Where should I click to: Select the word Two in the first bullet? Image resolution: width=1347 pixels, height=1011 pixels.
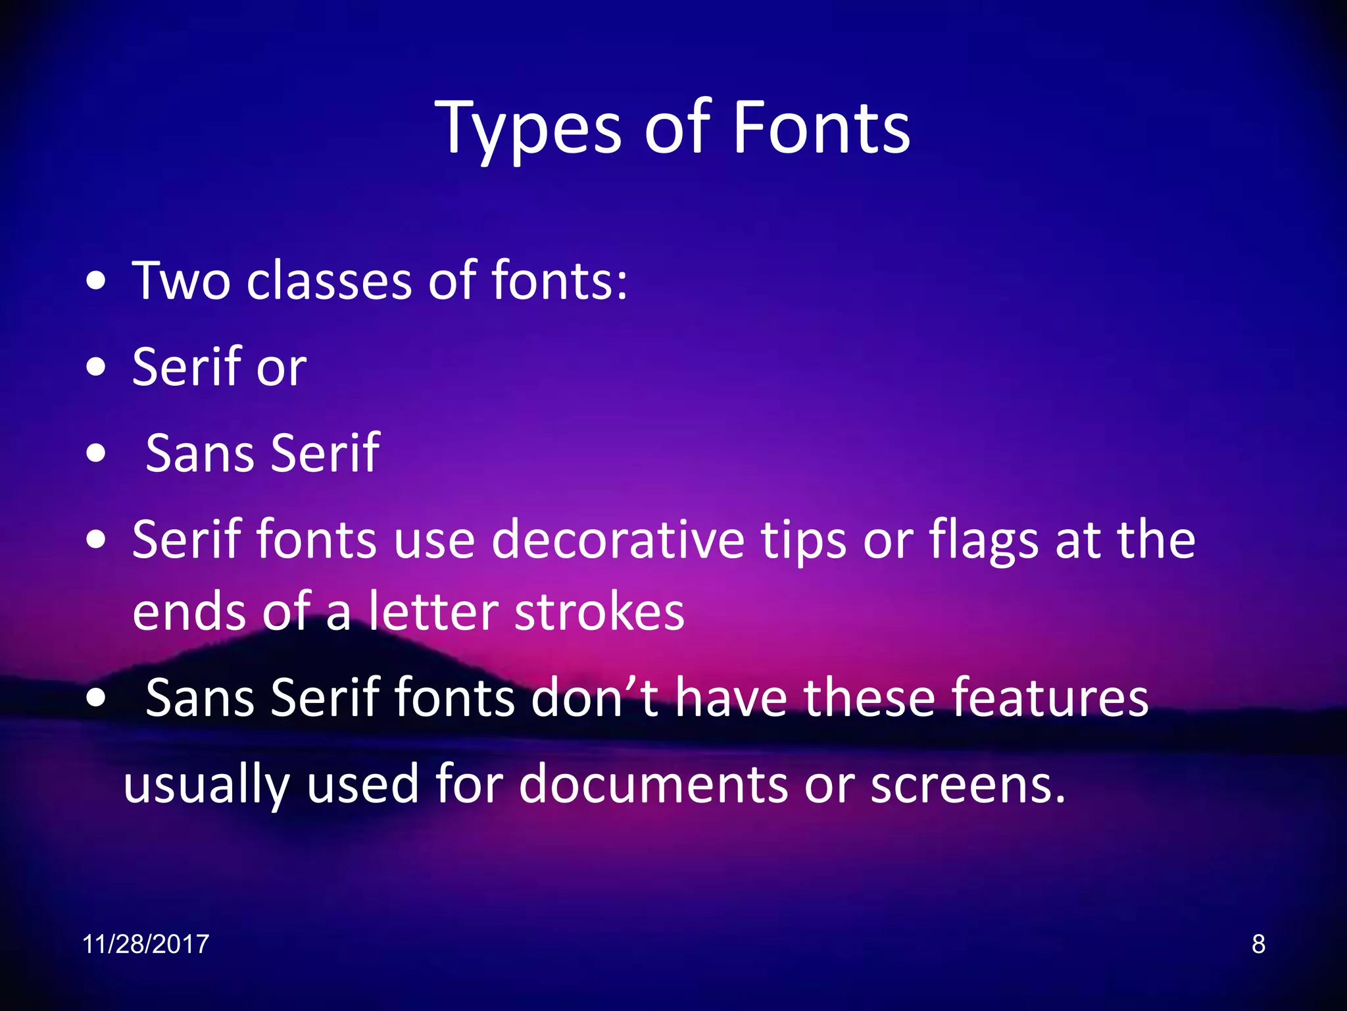tap(182, 281)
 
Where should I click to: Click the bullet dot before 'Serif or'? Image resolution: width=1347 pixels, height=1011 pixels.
tap(96, 368)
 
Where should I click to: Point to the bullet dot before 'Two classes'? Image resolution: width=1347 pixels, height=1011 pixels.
tap(96, 281)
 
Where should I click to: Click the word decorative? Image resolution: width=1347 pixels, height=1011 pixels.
tap(618, 540)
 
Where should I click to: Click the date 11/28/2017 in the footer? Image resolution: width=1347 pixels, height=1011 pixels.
tap(145, 944)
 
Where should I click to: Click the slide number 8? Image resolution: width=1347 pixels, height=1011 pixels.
tap(1258, 944)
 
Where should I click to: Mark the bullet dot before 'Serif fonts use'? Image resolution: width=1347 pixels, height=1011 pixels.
tap(96, 540)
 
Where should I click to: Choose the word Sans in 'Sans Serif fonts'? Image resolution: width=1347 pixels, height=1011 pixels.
tap(200, 698)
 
